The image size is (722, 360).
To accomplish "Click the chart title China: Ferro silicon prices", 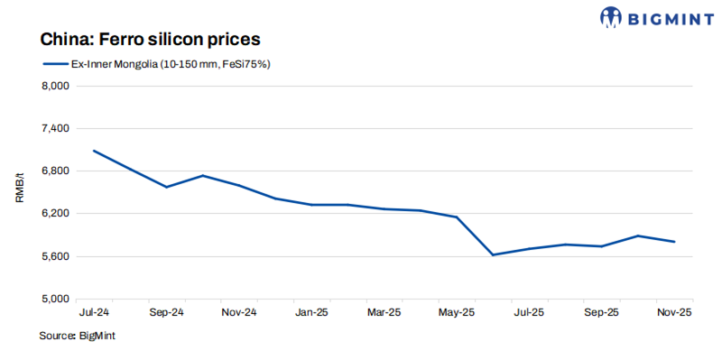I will (x=149, y=40).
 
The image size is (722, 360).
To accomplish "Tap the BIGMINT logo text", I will (x=662, y=16).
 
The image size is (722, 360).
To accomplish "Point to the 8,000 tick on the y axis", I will (x=56, y=87).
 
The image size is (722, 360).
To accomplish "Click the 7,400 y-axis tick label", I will (x=56, y=129).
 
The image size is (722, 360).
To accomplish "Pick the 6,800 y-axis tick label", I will (x=56, y=171).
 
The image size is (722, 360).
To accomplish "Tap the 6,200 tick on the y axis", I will (x=56, y=214).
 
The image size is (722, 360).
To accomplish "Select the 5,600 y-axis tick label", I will (x=56, y=256).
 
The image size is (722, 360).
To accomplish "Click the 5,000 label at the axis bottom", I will (x=56, y=299).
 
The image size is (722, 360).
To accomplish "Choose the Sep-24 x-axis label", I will (x=166, y=312).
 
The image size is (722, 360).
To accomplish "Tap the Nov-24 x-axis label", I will (x=239, y=312).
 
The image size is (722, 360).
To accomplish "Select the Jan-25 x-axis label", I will (x=311, y=312).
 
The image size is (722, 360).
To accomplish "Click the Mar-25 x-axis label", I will (x=384, y=312).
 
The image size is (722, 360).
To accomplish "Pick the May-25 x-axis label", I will (x=456, y=312).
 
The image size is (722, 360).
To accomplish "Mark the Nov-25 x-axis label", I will (x=674, y=312).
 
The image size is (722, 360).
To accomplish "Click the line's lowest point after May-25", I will (x=493, y=255).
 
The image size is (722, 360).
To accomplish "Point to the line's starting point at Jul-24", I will (x=94, y=151).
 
